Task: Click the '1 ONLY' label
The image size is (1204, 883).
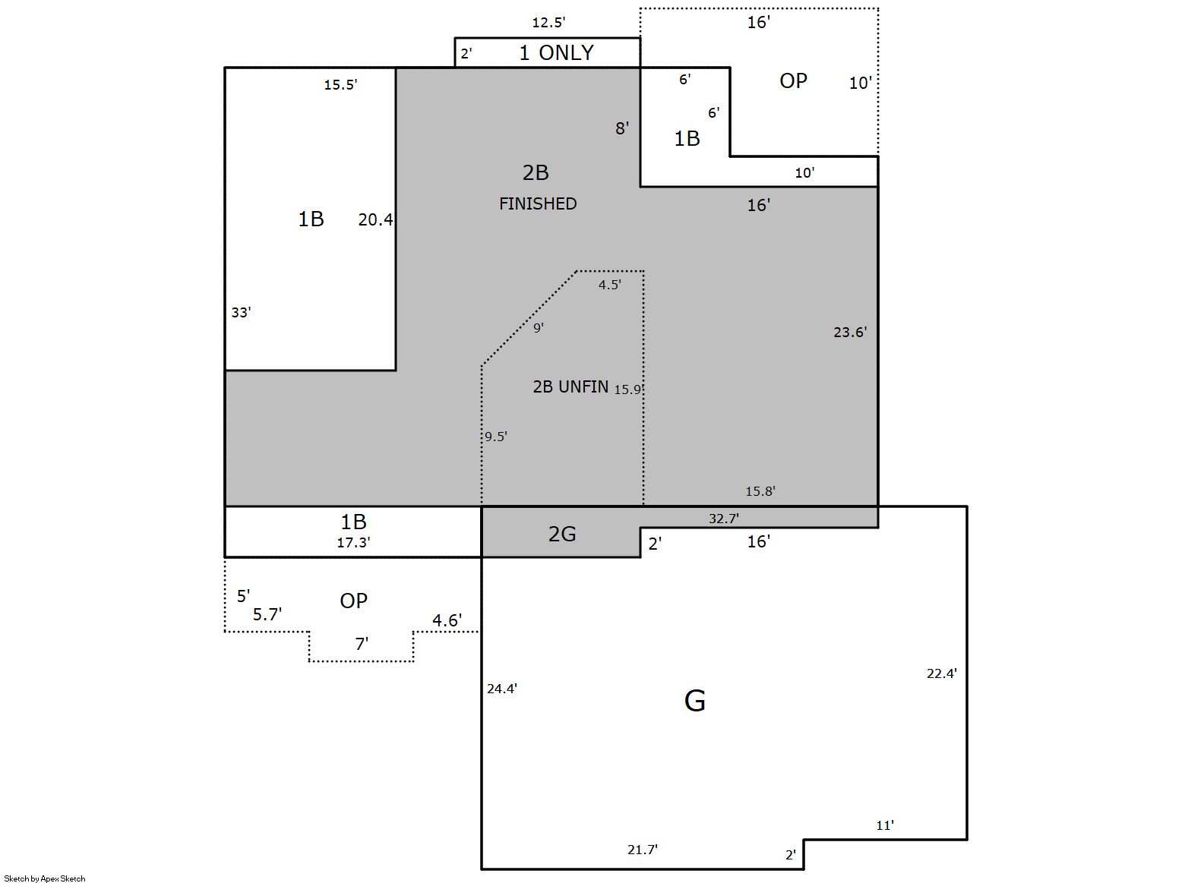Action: coord(556,52)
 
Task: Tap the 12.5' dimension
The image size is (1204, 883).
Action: coord(548,23)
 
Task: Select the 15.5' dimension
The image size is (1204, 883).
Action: coord(341,85)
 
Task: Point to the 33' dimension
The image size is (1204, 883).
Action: coord(242,313)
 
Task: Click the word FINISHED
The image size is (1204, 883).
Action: coord(538,204)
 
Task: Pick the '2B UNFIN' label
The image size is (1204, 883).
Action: coord(570,386)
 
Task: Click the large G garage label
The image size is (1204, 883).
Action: coord(695,701)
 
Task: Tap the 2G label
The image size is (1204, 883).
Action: coord(562,534)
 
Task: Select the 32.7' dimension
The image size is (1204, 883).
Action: coord(724,519)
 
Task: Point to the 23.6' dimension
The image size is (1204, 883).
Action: coord(850,333)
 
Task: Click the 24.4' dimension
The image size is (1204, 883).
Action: coord(502,689)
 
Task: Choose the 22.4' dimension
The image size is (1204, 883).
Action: coord(942,673)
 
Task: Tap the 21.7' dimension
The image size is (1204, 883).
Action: coord(643,850)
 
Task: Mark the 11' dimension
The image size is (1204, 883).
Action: coord(885,825)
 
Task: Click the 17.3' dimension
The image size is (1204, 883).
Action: coord(354,543)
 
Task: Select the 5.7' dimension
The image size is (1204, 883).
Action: coord(267,614)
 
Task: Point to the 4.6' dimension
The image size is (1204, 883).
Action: coord(447,621)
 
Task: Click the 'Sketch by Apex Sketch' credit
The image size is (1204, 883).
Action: coord(45,878)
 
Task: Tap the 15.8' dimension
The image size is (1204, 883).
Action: coord(760,491)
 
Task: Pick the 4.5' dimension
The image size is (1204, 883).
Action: coord(610,285)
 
